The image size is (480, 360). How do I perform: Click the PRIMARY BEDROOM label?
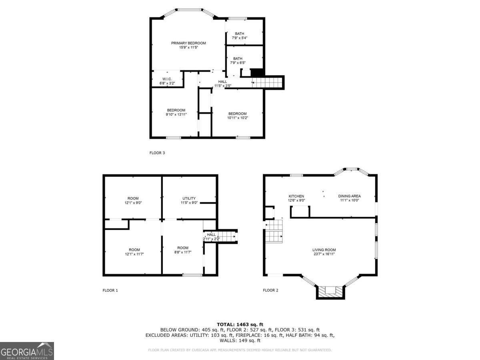188,43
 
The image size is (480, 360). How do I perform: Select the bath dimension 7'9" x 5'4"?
239,38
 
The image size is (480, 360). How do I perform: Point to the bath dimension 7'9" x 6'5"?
238,63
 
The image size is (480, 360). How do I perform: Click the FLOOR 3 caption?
157,153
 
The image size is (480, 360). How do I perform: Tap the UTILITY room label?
189,198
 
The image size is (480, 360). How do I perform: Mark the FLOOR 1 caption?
110,290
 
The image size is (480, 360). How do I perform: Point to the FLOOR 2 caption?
270,290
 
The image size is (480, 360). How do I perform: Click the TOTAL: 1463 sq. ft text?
240,324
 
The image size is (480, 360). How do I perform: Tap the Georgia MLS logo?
27,351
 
